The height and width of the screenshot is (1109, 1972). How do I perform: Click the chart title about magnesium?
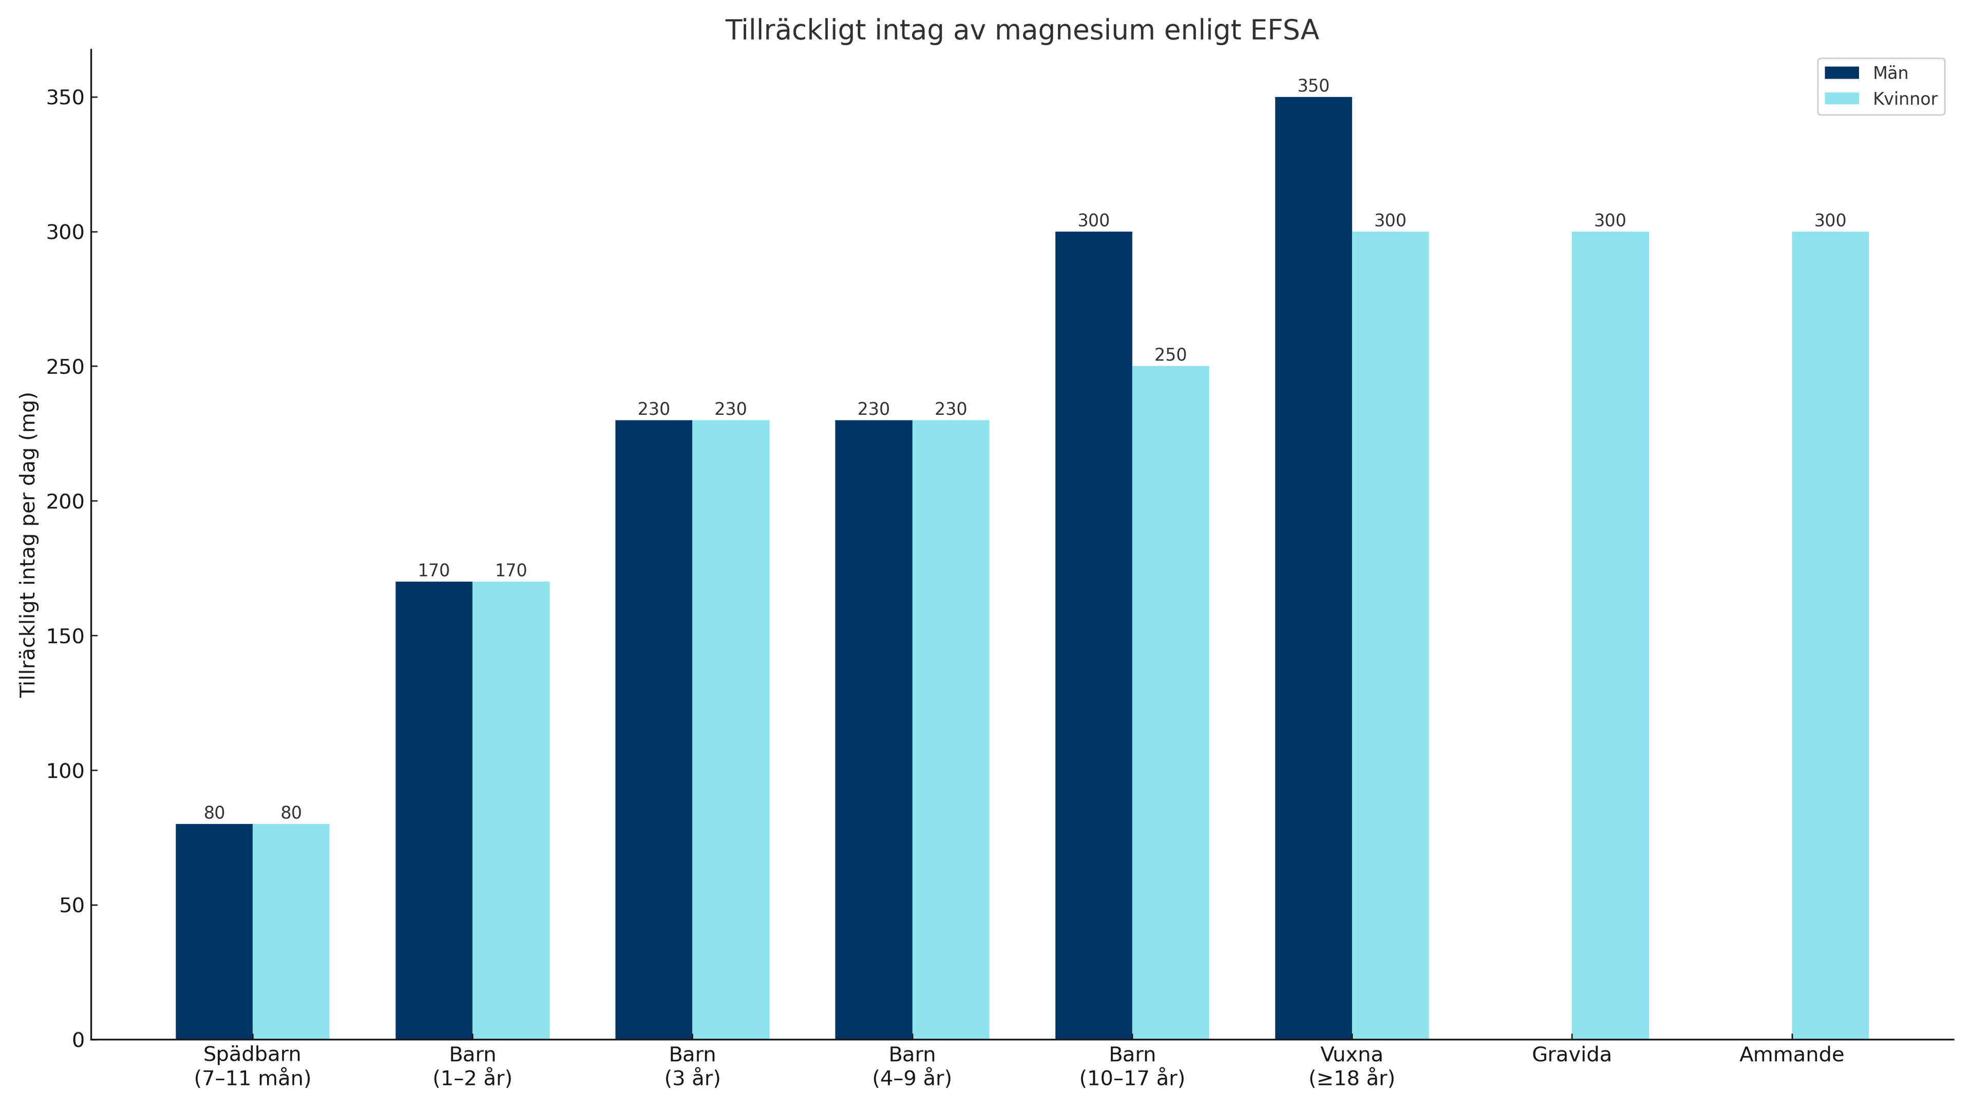pyautogui.click(x=1021, y=31)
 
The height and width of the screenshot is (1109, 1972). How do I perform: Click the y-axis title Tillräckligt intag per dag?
pyautogui.click(x=28, y=544)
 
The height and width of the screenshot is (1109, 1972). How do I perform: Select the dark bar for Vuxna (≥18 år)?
pyautogui.click(x=1313, y=568)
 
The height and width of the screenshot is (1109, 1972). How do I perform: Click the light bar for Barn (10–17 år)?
pyautogui.click(x=1170, y=702)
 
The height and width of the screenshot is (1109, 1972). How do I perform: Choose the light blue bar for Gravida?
pyautogui.click(x=1610, y=635)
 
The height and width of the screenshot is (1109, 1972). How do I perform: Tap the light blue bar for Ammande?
pyautogui.click(x=1830, y=635)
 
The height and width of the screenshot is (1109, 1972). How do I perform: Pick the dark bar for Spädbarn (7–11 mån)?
pyautogui.click(x=214, y=931)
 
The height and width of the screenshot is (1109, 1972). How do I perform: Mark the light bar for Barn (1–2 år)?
pyautogui.click(x=510, y=811)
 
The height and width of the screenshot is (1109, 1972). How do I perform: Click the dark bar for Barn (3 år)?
pyautogui.click(x=654, y=730)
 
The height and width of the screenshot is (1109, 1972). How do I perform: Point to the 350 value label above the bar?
pyautogui.click(x=1313, y=86)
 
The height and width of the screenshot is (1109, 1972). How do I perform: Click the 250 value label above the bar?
pyautogui.click(x=1170, y=355)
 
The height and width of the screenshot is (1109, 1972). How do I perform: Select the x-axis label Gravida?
pyautogui.click(x=1571, y=1055)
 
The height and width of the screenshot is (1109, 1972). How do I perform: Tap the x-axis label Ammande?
pyautogui.click(x=1791, y=1055)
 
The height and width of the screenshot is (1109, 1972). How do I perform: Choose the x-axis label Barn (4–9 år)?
pyautogui.click(x=912, y=1066)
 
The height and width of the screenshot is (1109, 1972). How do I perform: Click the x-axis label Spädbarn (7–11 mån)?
pyautogui.click(x=253, y=1066)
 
